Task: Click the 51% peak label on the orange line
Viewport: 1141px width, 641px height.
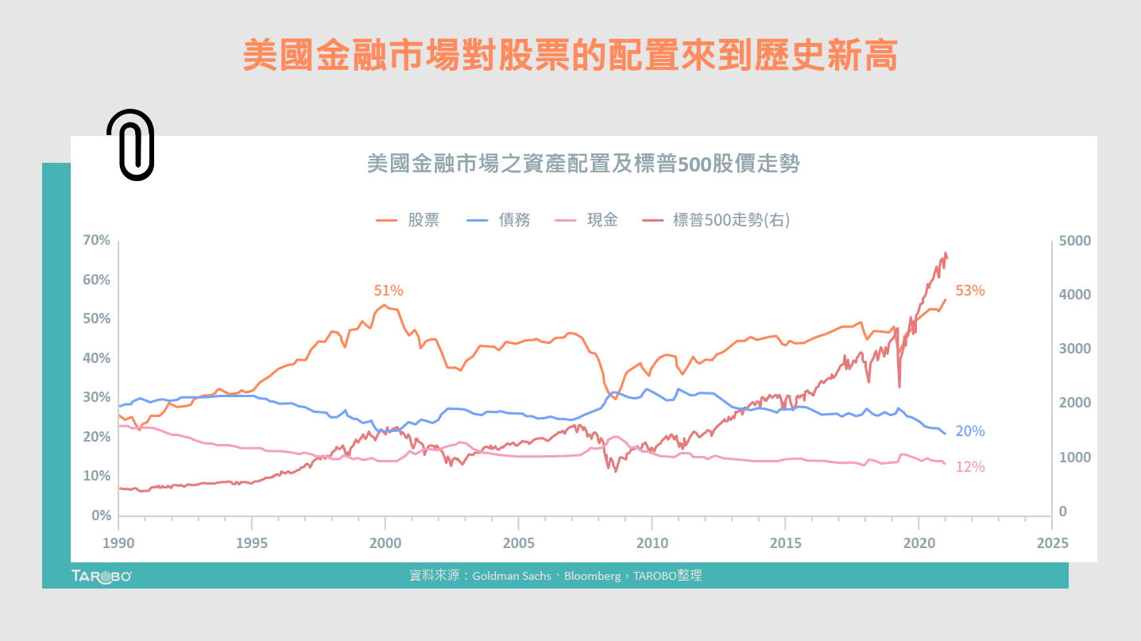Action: (389, 291)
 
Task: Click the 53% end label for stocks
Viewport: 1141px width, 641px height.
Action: (969, 291)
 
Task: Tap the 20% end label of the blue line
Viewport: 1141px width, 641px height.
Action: (969, 431)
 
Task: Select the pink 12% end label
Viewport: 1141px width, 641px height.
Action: (969, 467)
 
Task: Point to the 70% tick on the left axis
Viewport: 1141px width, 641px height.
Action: (97, 240)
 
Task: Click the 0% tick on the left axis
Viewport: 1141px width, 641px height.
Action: (101, 516)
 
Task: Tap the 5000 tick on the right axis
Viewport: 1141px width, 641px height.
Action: (1075, 241)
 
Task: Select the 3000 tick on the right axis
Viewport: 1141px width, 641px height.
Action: (1075, 349)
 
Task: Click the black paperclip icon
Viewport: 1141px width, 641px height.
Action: (130, 145)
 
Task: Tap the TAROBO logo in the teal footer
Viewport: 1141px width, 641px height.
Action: (101, 576)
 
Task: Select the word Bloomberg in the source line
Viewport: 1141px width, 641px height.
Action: (592, 576)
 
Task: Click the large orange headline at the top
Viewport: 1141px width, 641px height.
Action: (570, 56)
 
